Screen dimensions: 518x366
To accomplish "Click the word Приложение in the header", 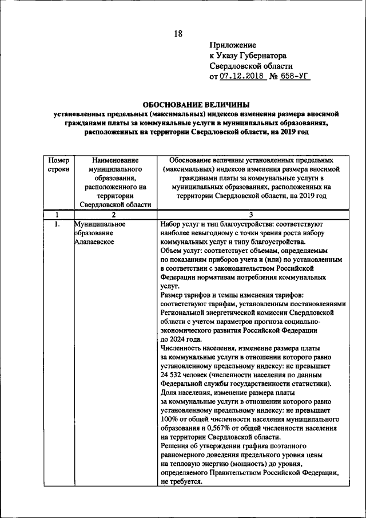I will pos(233,45).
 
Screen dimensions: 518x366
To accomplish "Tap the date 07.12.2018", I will pos(242,76).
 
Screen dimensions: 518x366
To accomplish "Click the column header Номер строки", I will pos(58,165).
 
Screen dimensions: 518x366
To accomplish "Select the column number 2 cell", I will pos(114,215).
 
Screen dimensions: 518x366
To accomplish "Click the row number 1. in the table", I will pos(57,224).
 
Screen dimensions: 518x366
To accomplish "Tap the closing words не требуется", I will pos(182,482).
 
